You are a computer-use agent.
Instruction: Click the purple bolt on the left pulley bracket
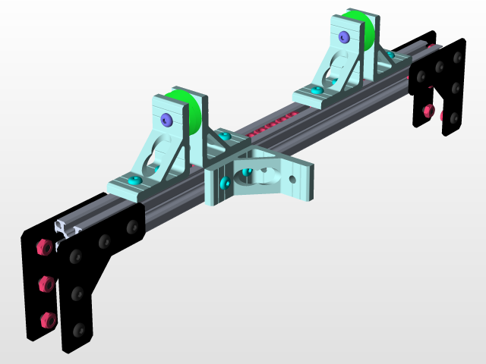(x=166, y=119)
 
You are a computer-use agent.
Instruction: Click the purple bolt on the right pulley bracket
(x=345, y=36)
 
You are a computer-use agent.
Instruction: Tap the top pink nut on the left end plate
(x=43, y=247)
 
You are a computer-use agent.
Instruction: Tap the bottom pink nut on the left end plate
(x=46, y=318)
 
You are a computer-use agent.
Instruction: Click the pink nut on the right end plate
(x=428, y=111)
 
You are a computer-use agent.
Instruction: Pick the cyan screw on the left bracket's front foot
(x=135, y=180)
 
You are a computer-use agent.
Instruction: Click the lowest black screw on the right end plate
(x=444, y=118)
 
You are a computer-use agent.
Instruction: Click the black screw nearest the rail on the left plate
(x=133, y=226)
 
